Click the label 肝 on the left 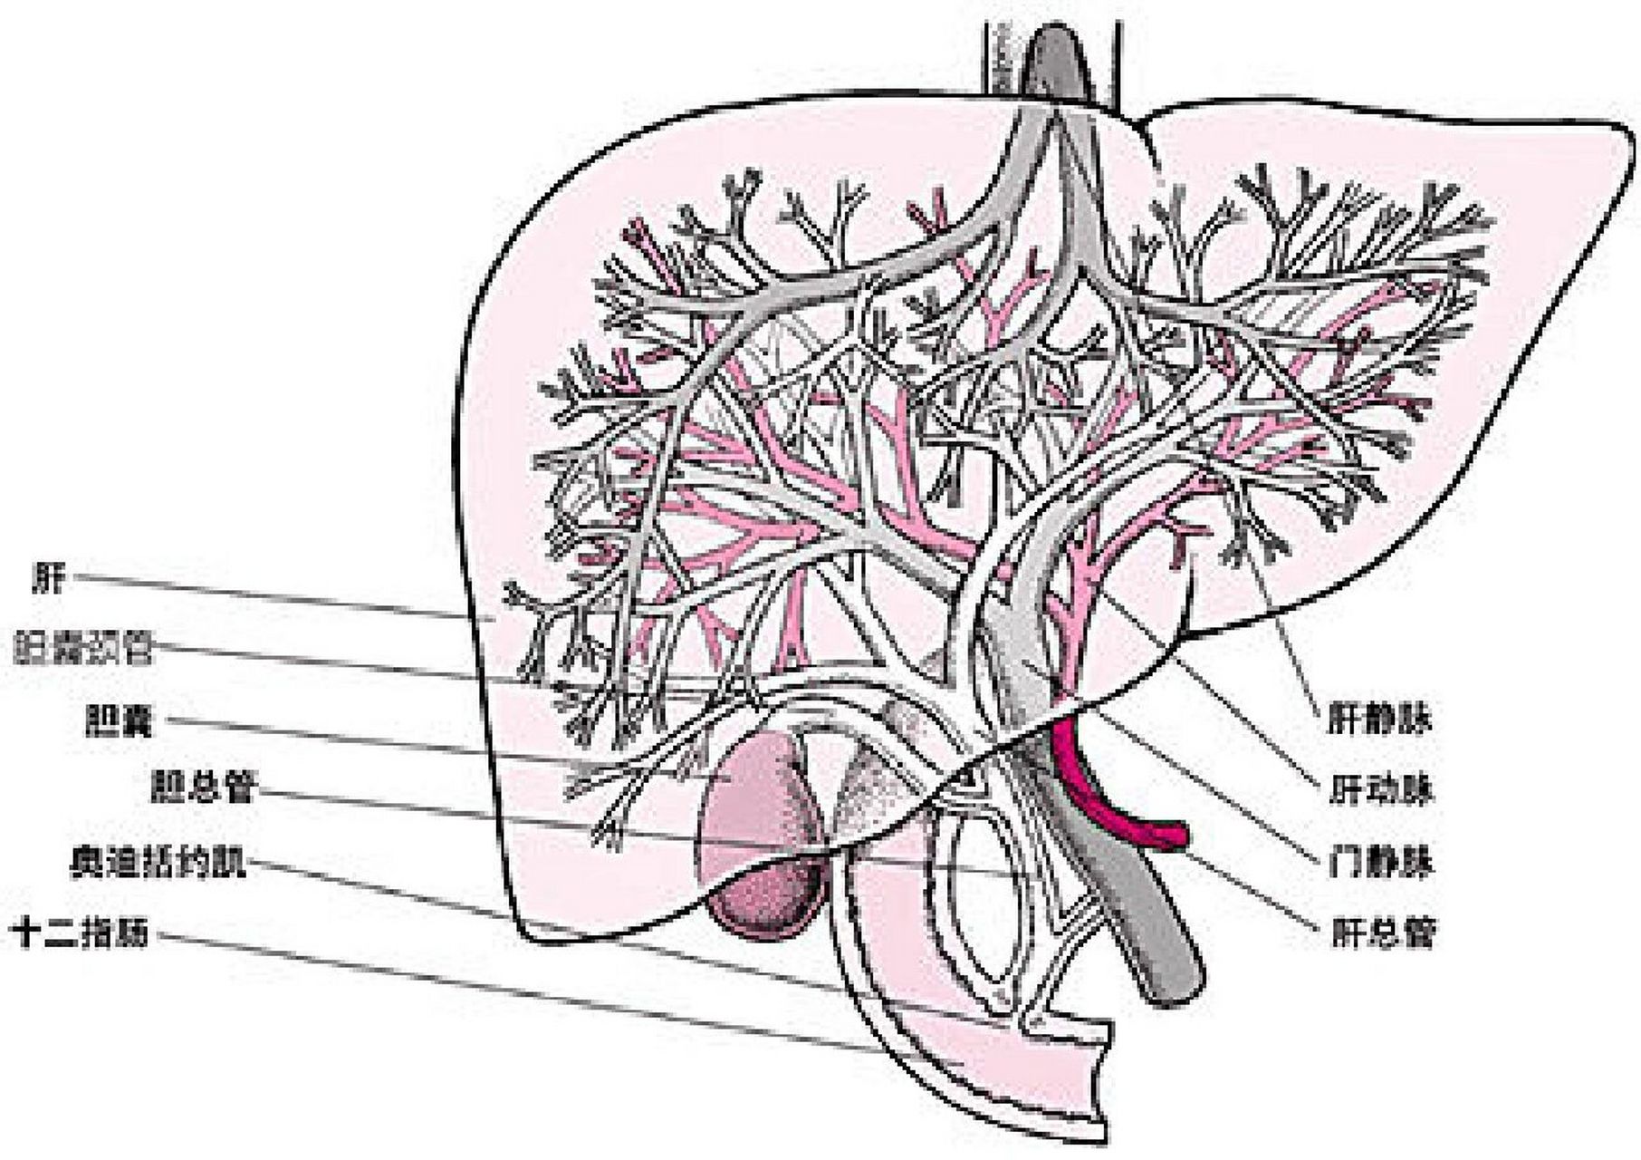[48, 577]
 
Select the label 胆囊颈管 [83, 649]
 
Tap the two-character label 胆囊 [119, 722]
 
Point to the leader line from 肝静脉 [1286, 634]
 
